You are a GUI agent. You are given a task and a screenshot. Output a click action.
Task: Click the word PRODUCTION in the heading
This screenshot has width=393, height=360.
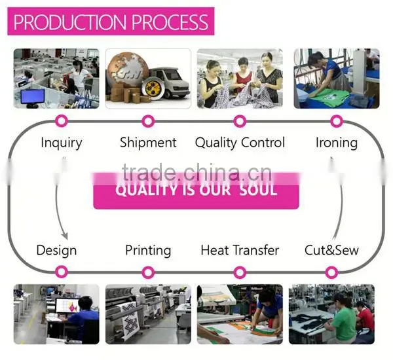(70, 22)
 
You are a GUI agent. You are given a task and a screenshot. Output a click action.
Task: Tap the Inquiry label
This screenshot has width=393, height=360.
(62, 143)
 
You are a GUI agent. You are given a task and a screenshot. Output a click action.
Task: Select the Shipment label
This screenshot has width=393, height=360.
(148, 143)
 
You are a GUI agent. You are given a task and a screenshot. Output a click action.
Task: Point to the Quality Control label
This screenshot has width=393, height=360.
(240, 143)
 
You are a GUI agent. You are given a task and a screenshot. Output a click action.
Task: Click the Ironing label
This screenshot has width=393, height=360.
(337, 143)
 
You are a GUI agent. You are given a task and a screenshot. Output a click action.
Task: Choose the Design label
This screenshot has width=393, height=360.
(56, 251)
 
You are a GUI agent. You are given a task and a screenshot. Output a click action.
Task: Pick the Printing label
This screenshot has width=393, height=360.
(148, 251)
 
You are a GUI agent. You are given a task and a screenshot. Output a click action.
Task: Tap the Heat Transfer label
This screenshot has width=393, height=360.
(240, 250)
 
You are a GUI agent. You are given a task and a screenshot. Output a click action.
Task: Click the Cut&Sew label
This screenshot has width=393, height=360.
(331, 250)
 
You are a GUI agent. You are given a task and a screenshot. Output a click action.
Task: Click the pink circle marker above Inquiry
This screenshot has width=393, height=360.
(62, 121)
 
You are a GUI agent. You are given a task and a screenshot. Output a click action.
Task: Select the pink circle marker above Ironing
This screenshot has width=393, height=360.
(337, 121)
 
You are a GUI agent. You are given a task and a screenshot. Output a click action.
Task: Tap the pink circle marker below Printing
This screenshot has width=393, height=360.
(148, 272)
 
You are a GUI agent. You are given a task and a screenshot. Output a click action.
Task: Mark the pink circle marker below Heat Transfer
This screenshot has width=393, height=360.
(240, 272)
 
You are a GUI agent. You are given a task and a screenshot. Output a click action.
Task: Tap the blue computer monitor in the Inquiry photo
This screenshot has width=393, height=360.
(33, 96)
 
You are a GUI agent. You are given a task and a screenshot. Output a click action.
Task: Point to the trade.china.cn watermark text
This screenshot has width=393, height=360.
(197, 172)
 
